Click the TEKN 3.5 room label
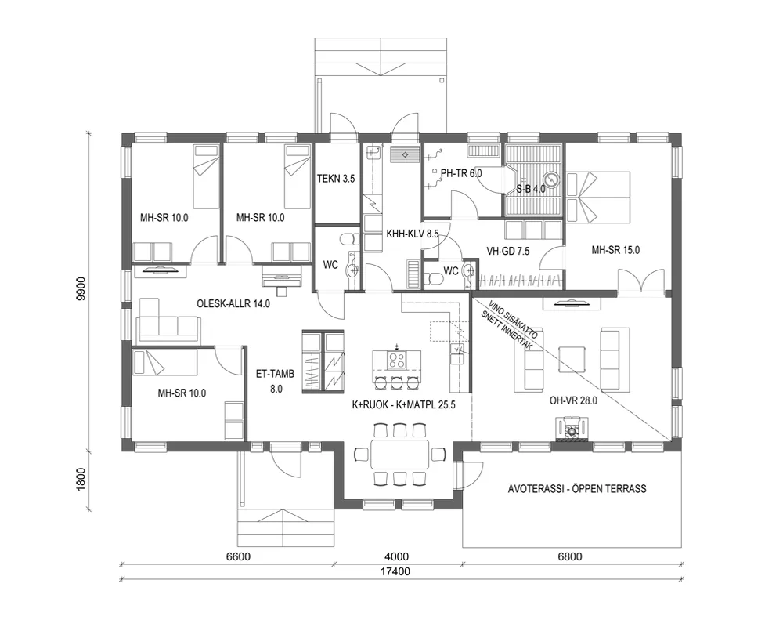(336, 179)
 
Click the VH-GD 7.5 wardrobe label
(509, 251)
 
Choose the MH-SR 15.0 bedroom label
(615, 251)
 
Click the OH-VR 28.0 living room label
(573, 400)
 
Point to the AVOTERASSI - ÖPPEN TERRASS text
(576, 488)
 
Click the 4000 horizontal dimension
(398, 557)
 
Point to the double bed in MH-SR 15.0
(601, 197)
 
